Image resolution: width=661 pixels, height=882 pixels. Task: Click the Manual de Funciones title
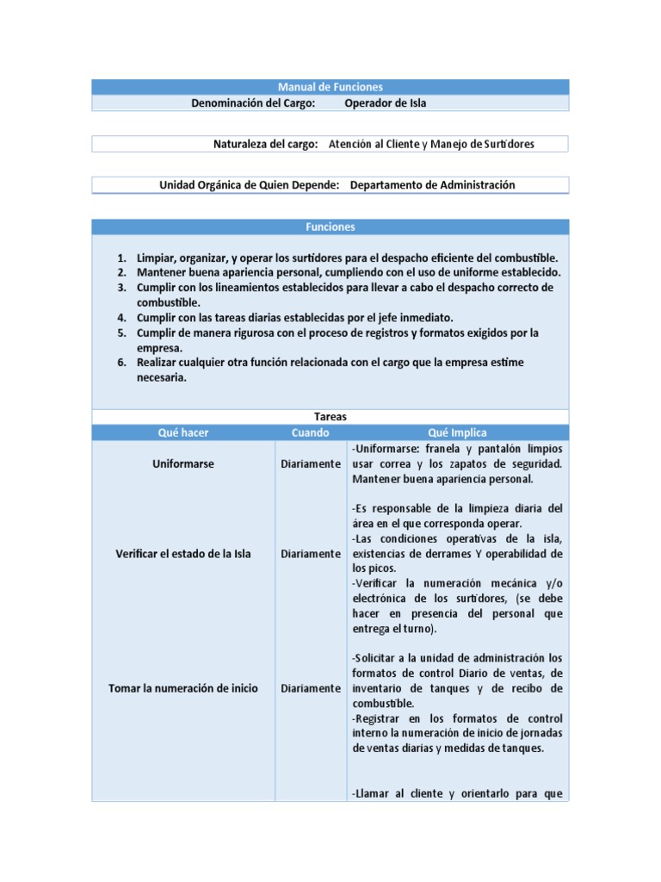(330, 87)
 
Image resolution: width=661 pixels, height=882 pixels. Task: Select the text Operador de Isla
(385, 103)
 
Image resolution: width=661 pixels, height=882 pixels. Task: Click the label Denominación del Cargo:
(253, 103)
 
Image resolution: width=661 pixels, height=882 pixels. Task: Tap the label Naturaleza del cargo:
(266, 144)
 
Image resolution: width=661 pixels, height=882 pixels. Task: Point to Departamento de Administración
(432, 185)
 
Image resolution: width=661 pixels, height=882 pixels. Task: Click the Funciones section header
(330, 227)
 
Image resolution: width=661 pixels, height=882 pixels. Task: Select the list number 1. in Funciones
(122, 258)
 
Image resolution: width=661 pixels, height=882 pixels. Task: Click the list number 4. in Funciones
(122, 318)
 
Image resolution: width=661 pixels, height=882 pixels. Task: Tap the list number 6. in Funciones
(122, 363)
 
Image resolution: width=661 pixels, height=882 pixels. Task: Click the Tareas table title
(330, 417)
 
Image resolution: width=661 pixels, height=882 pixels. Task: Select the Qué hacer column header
(182, 432)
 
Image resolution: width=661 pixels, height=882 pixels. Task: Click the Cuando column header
(310, 432)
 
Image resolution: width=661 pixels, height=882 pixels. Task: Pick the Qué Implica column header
(457, 432)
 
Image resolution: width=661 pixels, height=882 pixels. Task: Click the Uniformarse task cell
(182, 464)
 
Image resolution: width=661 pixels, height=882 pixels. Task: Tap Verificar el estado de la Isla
(182, 554)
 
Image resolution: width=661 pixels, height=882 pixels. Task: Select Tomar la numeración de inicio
(182, 689)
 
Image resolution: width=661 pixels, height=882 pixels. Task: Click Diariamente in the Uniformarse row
(310, 464)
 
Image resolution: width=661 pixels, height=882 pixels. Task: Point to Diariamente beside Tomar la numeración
(310, 689)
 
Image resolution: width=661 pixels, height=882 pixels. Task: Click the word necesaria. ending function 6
(162, 377)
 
